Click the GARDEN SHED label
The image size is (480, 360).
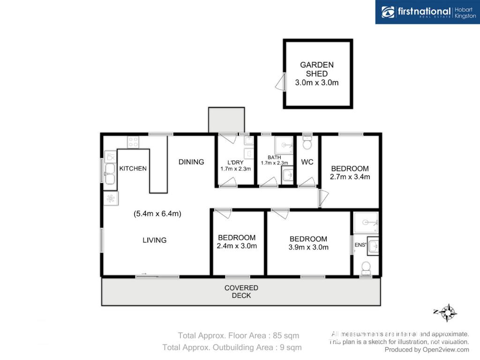[x=317, y=69]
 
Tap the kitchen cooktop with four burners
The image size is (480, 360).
[x=133, y=142]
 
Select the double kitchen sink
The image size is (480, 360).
[x=110, y=174]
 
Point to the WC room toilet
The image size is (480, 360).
[x=307, y=142]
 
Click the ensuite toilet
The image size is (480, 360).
[x=366, y=269]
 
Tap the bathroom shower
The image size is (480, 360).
[x=284, y=145]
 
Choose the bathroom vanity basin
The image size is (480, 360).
[x=287, y=175]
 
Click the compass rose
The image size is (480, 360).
[x=446, y=313]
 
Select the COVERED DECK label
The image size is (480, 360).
[x=241, y=292]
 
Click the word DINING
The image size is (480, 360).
[x=191, y=162]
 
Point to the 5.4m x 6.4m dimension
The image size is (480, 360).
[x=157, y=214]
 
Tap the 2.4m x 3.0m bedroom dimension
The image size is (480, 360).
[x=237, y=246]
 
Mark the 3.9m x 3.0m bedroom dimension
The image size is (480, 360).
[x=308, y=247]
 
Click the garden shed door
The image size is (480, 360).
[x=281, y=82]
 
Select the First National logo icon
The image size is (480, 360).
[x=388, y=12]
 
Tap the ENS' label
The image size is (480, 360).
[x=360, y=245]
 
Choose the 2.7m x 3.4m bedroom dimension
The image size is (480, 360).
[x=350, y=177]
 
